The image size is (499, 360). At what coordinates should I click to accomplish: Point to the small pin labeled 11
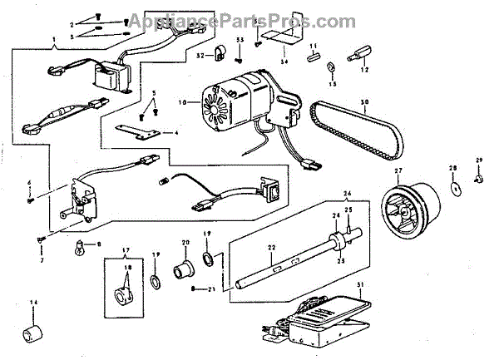coord(313,57)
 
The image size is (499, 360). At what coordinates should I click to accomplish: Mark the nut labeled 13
coord(331,66)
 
